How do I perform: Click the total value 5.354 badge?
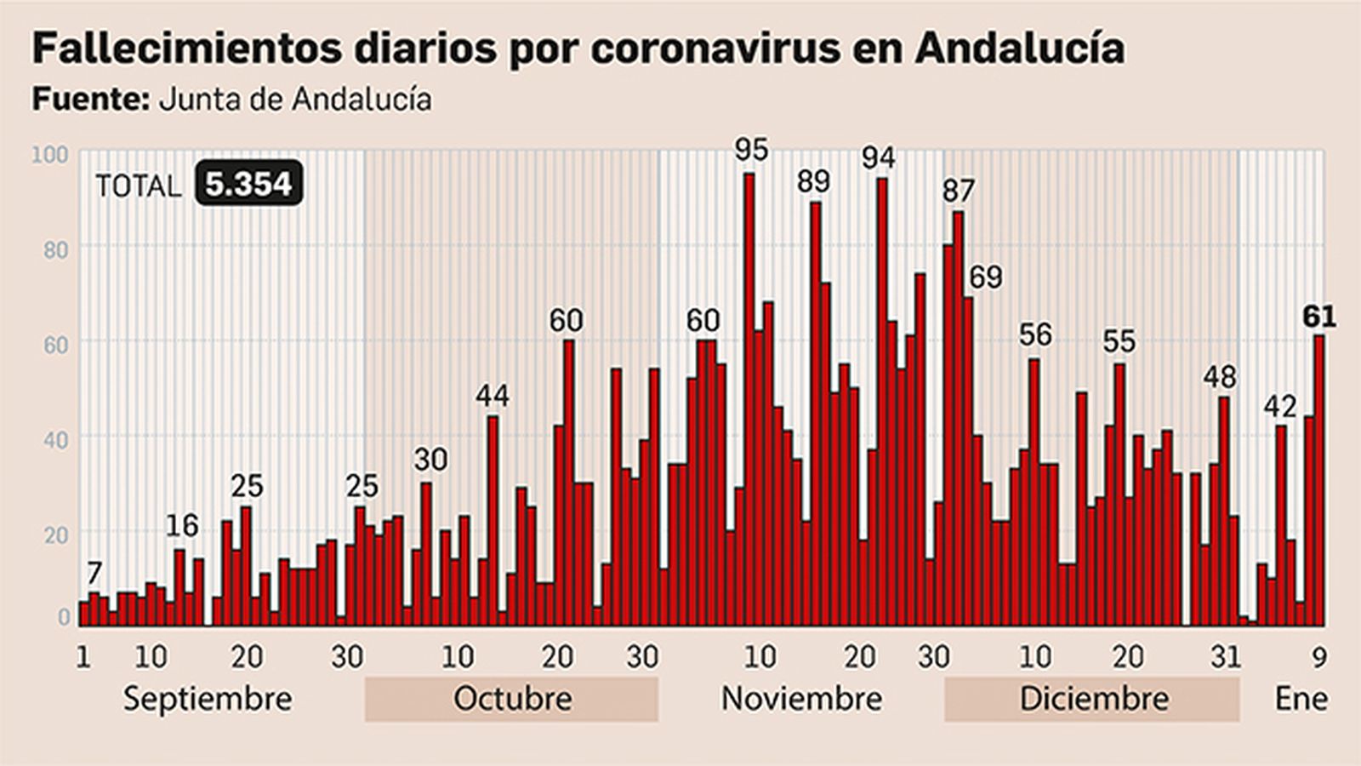(x=248, y=184)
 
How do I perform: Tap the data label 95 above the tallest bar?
(x=751, y=151)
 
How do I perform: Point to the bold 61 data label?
(x=1319, y=317)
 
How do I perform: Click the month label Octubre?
(x=512, y=699)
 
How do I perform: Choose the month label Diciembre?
(x=1094, y=699)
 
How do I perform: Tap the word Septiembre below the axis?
(x=208, y=699)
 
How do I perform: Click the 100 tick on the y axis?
(x=49, y=154)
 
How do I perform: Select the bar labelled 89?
(x=816, y=414)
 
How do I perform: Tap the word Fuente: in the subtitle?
(x=89, y=100)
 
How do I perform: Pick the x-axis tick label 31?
(x=1226, y=656)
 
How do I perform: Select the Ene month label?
(x=1301, y=699)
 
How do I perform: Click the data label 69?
(x=986, y=277)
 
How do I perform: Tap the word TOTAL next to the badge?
(x=139, y=186)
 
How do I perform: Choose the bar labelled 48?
(x=1224, y=511)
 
